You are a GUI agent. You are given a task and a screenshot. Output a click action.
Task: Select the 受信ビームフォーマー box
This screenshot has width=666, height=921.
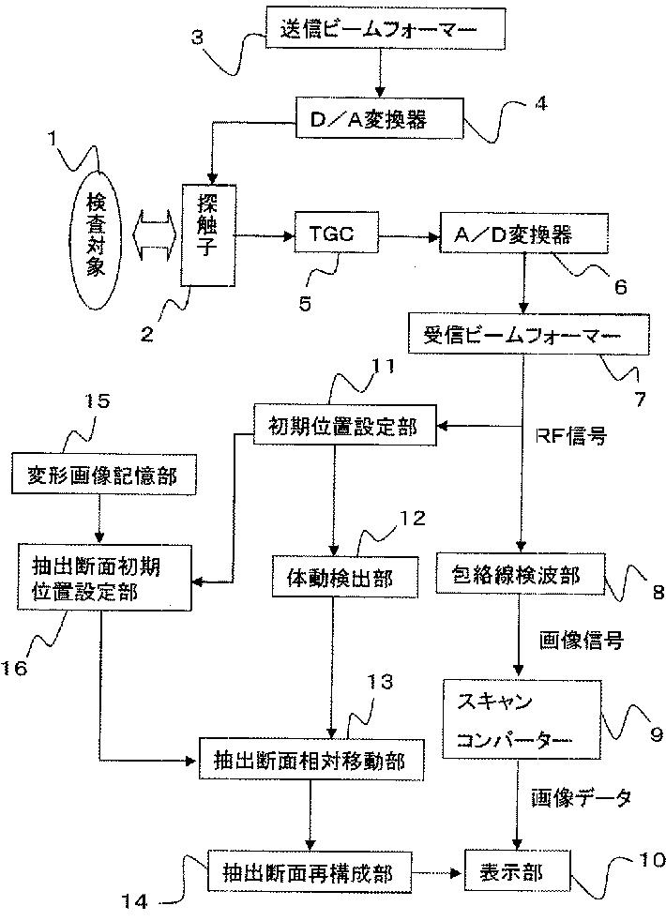(x=528, y=334)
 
